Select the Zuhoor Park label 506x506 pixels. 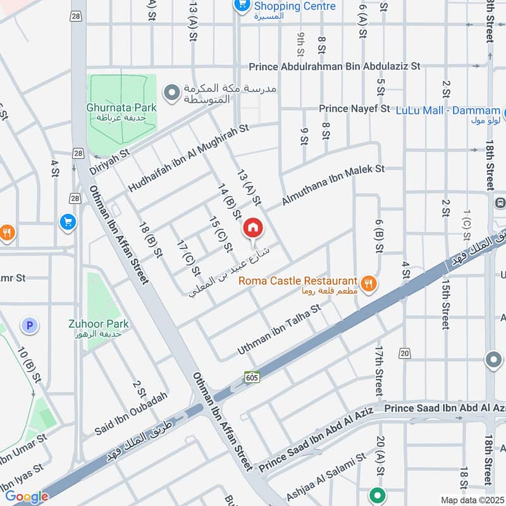click(x=99, y=324)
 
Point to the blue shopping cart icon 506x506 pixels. click(x=67, y=222)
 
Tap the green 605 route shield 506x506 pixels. click(x=252, y=377)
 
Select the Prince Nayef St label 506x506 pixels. click(x=354, y=109)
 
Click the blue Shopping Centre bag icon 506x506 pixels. click(x=240, y=6)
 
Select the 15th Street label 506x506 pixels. click(x=445, y=297)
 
